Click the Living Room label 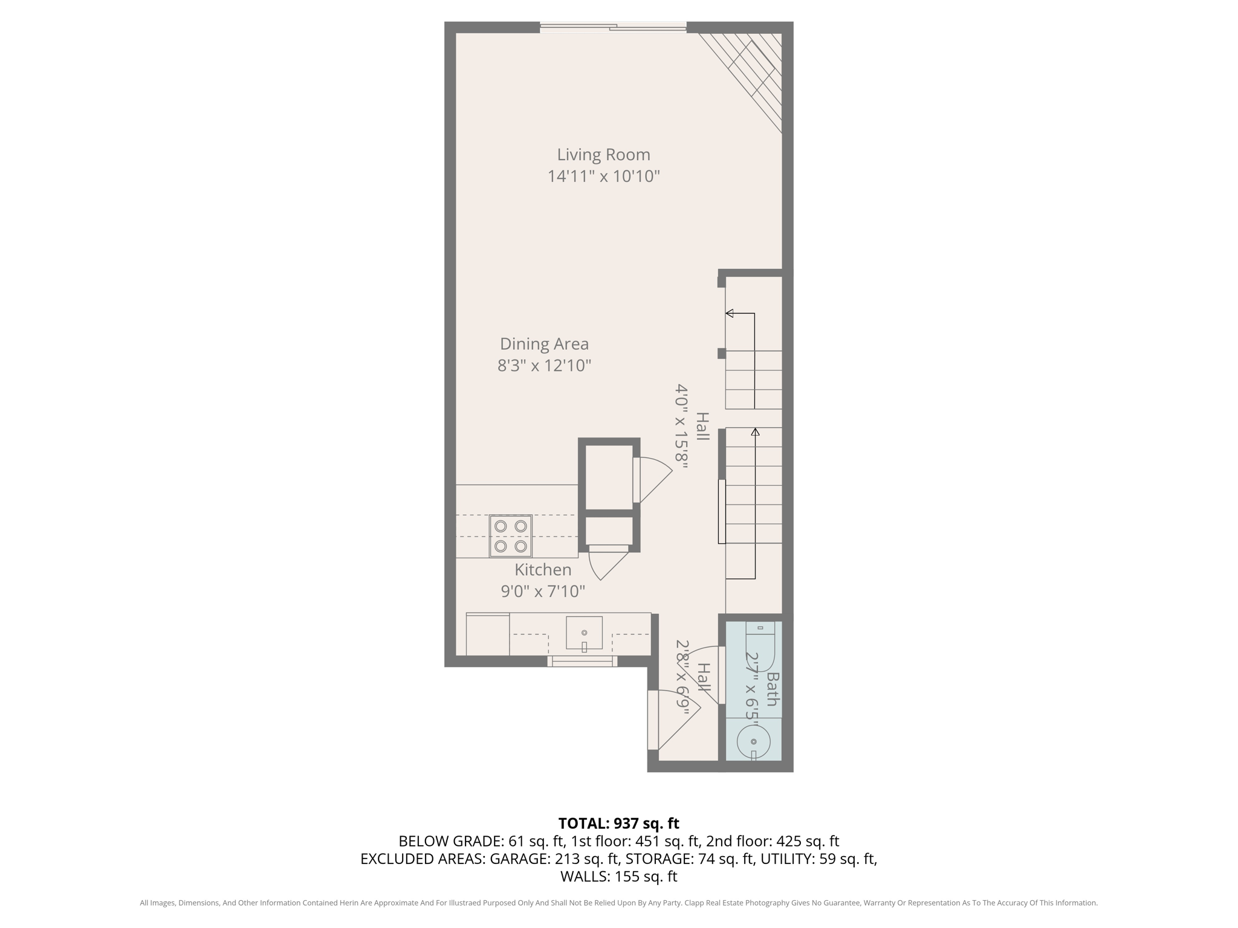click(603, 155)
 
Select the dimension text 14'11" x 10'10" click(603, 176)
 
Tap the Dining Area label click(544, 344)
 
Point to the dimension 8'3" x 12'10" click(544, 366)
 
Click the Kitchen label click(543, 570)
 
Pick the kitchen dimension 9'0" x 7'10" click(543, 591)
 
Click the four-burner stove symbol click(511, 536)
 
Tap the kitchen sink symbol click(584, 633)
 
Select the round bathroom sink click(753, 741)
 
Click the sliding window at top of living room click(613, 27)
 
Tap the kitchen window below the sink click(582, 662)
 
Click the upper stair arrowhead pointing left click(730, 313)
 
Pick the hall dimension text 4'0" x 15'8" click(682, 427)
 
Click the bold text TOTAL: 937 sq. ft click(618, 823)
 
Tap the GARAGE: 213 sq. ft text click(554, 859)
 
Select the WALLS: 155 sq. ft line click(618, 876)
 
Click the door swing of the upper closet click(654, 480)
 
